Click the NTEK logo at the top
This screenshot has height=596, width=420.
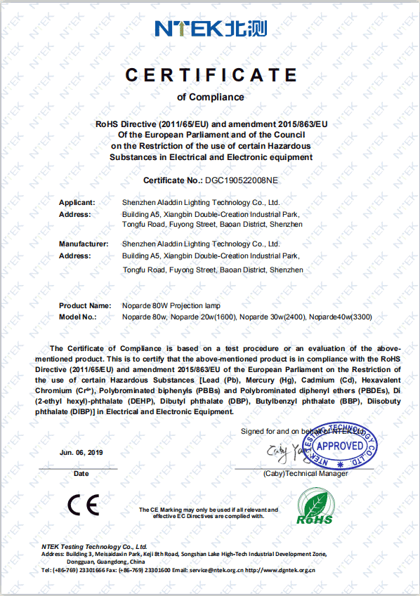(210, 28)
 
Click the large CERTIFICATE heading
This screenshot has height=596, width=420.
(210, 74)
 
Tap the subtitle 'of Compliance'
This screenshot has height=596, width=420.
(211, 97)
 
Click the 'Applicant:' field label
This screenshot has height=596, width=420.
(77, 202)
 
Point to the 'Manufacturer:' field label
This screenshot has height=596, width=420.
(83, 244)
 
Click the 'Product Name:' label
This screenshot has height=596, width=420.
(85, 305)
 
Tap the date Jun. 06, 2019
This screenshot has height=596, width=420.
(81, 453)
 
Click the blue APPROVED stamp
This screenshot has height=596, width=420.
(340, 446)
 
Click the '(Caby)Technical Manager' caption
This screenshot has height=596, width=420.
(306, 474)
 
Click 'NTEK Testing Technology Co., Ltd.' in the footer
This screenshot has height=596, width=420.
(94, 545)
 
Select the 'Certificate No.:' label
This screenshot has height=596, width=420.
(173, 180)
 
